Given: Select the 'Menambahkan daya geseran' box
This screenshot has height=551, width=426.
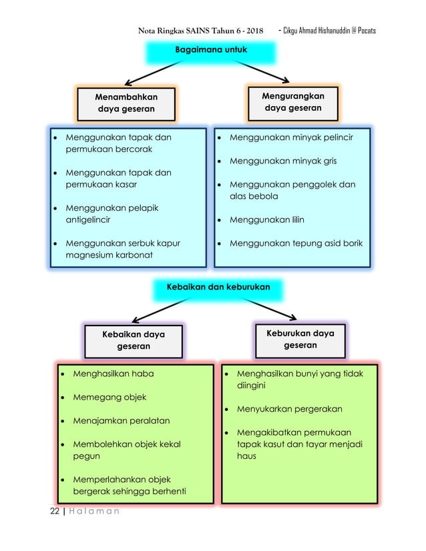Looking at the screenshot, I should pyautogui.click(x=126, y=103).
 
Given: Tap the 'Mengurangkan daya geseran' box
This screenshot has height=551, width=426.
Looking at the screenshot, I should pyautogui.click(x=292, y=102).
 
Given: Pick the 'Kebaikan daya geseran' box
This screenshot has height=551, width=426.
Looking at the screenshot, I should pyautogui.click(x=134, y=340).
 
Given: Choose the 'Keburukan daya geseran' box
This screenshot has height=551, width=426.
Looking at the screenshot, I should pyautogui.click(x=300, y=339).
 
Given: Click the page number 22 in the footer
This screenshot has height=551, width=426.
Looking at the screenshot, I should pyautogui.click(x=55, y=511).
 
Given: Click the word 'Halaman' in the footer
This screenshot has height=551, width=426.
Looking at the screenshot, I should pyautogui.click(x=93, y=511).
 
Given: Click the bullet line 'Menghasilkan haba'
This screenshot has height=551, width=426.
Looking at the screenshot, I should pyautogui.click(x=107, y=374).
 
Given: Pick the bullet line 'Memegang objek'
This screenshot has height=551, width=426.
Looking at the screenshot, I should pyautogui.click(x=103, y=398).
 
